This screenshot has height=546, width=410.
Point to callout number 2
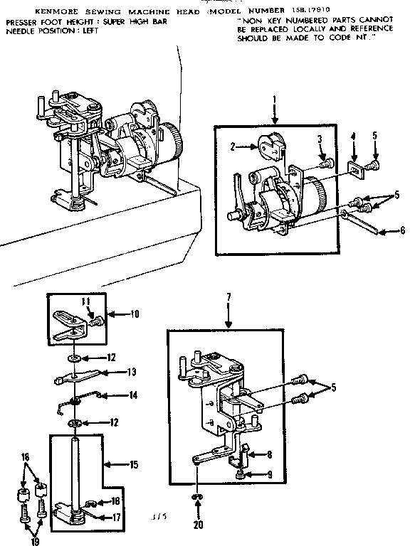click(232, 146)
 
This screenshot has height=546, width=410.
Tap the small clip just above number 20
click(196, 496)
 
